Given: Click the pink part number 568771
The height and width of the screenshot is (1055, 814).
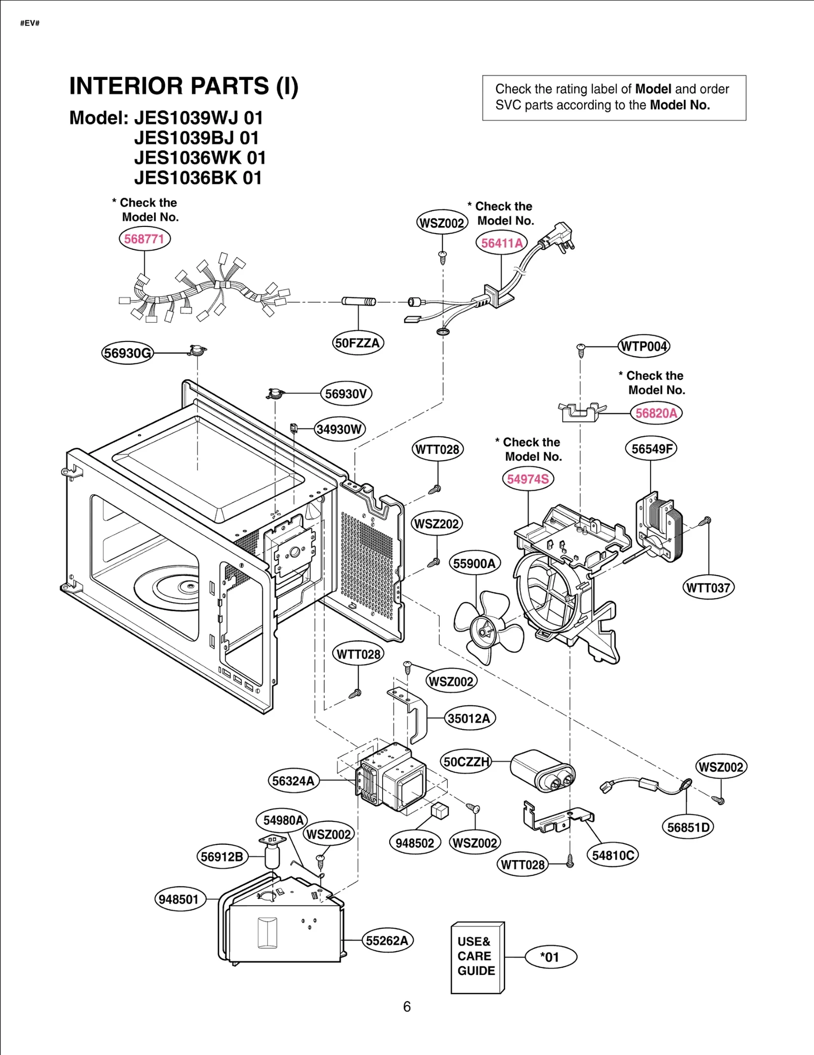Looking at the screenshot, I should (144, 239).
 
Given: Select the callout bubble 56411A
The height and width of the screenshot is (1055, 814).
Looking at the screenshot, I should (502, 243).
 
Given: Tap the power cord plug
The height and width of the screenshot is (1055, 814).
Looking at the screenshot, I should (560, 236).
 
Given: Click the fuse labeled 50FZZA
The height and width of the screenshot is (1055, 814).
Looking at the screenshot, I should (359, 301).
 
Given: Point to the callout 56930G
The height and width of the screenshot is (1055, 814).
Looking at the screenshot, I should (127, 353).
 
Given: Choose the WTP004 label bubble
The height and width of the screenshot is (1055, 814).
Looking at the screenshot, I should (644, 347).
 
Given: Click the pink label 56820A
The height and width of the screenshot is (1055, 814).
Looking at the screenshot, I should (656, 413).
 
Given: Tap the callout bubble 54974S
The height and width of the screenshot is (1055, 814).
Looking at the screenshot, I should (528, 479).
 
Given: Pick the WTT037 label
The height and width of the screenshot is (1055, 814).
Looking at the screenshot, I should (708, 588).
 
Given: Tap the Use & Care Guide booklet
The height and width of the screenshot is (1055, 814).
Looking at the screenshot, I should (477, 957).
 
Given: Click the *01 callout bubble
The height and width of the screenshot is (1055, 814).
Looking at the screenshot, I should (550, 957).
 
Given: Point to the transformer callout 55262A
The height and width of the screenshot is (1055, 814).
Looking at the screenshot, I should (387, 940).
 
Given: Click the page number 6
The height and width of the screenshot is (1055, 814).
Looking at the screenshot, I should (406, 1007).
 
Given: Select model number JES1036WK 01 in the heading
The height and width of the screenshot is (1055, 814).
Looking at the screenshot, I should (200, 158).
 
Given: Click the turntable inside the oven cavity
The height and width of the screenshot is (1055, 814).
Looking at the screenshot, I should (168, 588).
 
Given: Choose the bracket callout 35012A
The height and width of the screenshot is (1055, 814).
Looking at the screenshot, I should (469, 719).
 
